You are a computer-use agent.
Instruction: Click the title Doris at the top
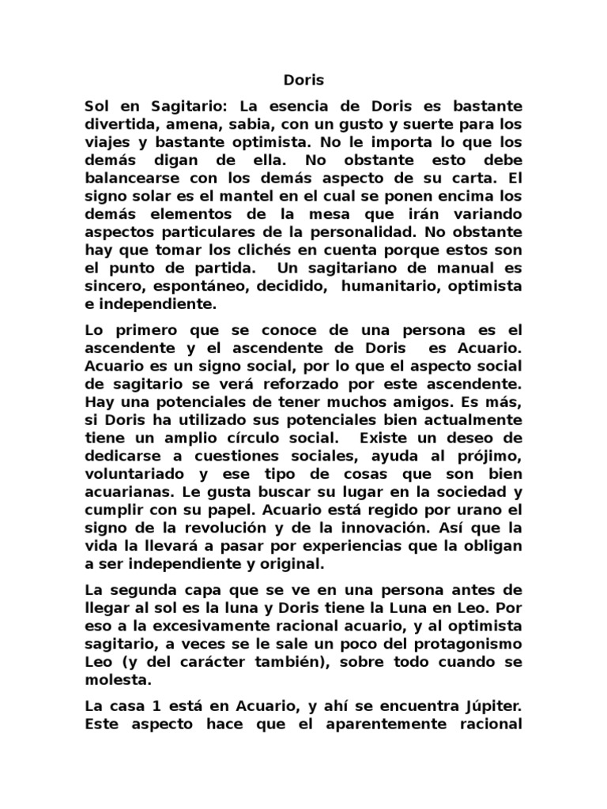tap(303, 81)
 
